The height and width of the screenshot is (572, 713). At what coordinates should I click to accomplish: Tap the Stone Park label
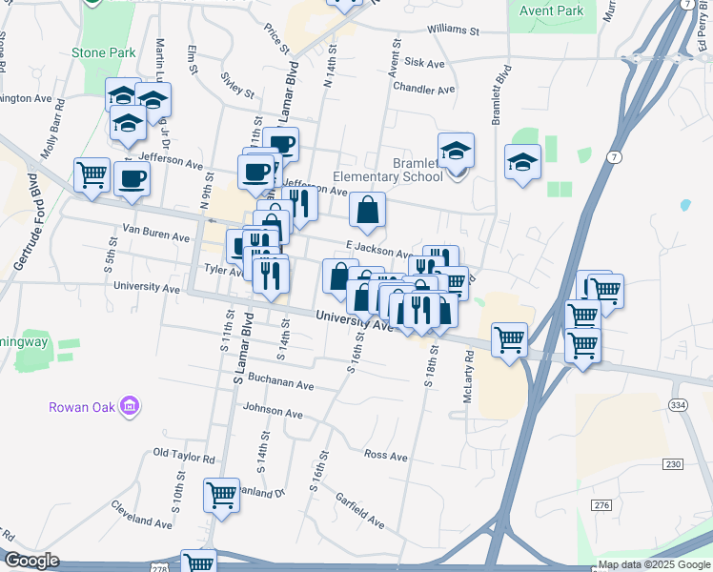[x=104, y=53]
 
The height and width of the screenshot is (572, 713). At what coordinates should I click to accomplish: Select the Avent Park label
[x=551, y=11]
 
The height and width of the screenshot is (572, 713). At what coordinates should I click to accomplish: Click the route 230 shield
[x=674, y=463]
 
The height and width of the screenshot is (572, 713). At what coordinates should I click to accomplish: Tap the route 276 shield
[x=601, y=504]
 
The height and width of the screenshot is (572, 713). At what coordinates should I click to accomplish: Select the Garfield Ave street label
[x=359, y=511]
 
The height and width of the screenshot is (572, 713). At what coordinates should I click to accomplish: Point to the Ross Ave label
[x=386, y=455]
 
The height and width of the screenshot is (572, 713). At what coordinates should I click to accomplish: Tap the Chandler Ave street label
[x=424, y=89]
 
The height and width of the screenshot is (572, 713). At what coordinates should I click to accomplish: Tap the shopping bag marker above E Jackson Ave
[x=367, y=211]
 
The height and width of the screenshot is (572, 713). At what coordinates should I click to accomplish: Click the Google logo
[x=31, y=561]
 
